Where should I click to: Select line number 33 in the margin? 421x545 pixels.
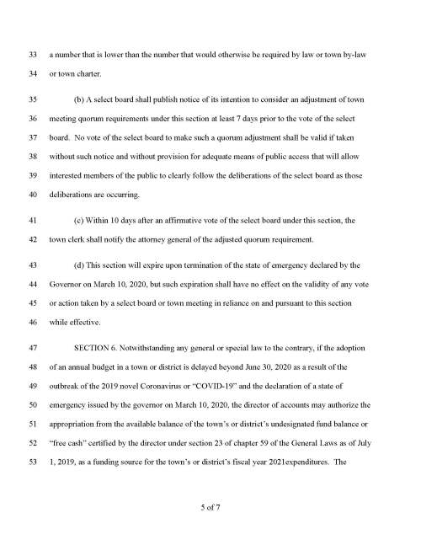(34, 54)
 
